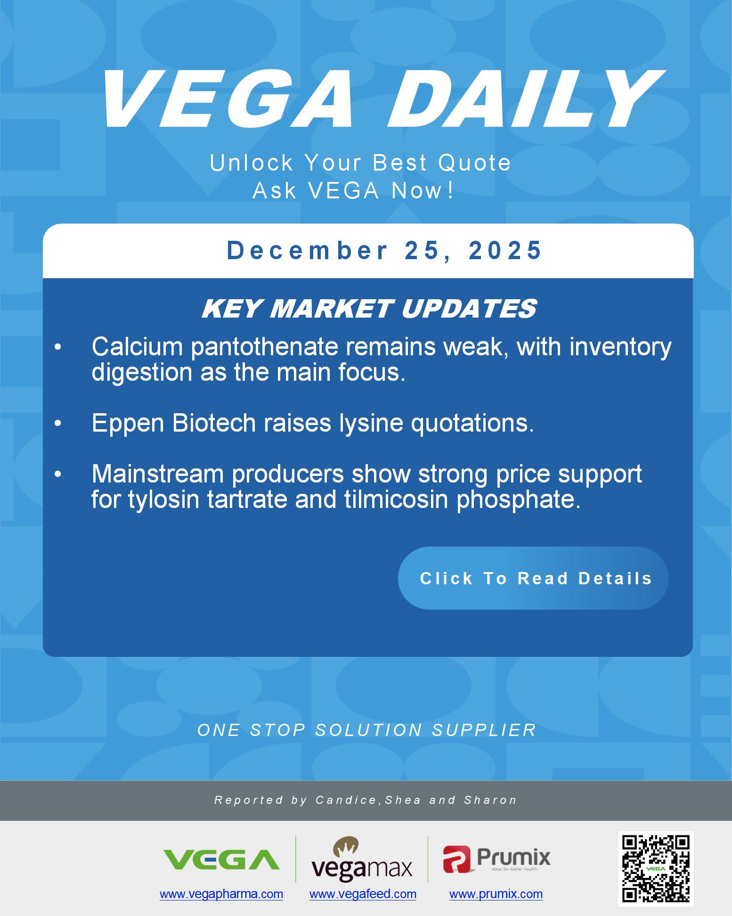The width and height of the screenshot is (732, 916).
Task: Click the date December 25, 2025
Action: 384,250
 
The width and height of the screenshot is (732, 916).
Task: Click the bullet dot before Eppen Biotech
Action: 58,424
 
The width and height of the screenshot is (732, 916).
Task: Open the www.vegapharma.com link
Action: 221,894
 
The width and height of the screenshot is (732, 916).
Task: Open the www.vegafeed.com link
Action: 363,894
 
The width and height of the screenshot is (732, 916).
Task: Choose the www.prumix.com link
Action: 496,894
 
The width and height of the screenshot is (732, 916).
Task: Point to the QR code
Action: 656,869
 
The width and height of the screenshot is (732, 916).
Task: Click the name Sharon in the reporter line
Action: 491,800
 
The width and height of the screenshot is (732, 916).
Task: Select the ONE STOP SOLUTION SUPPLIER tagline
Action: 367,730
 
